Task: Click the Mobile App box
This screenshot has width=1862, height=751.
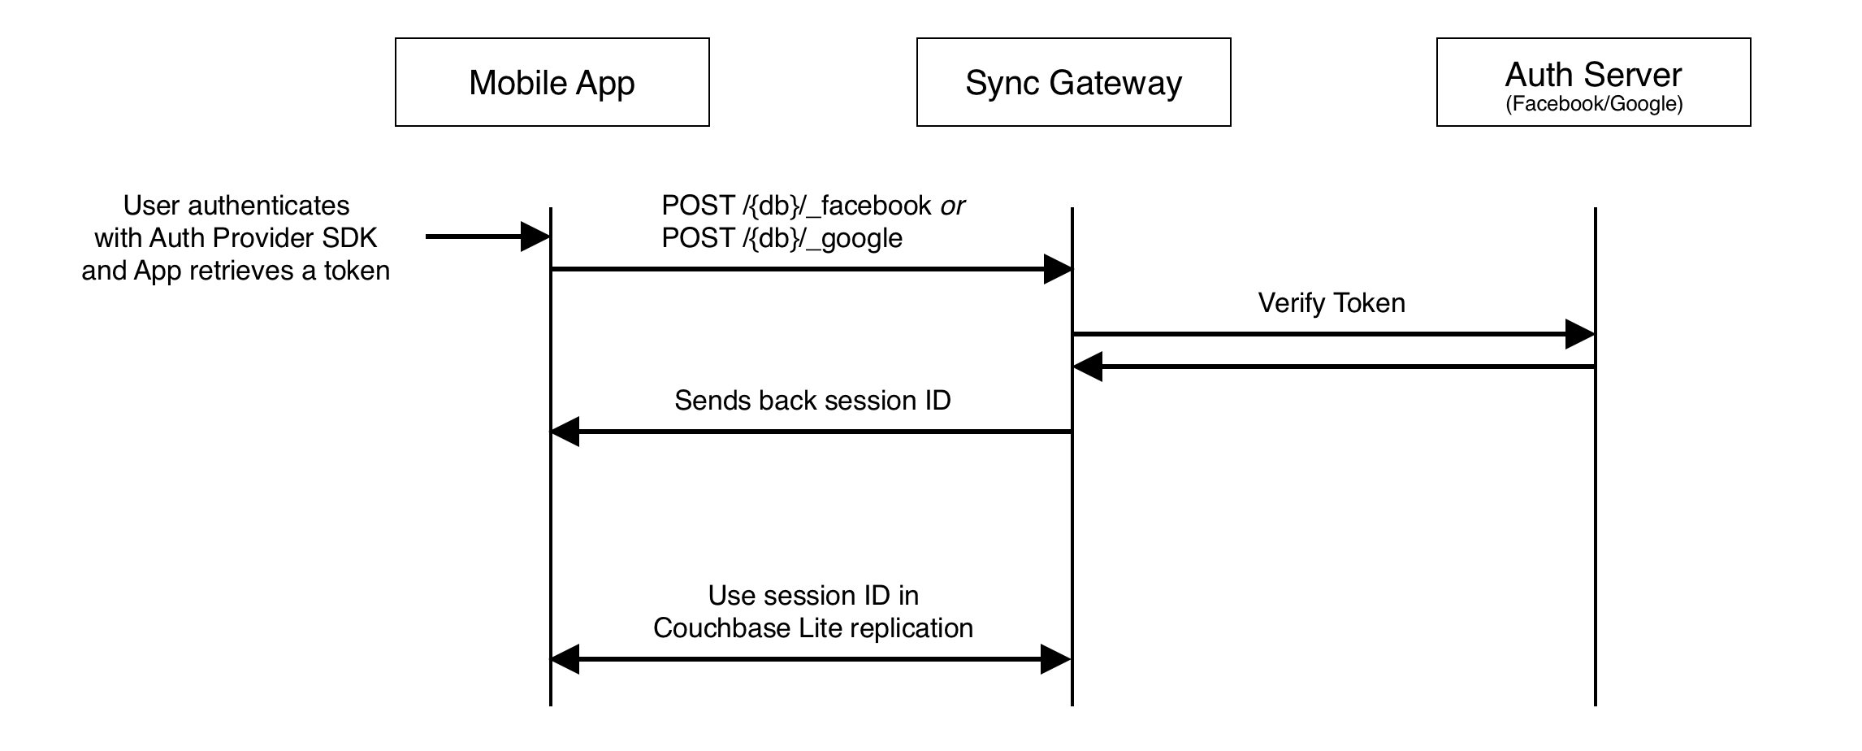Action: pyautogui.click(x=552, y=82)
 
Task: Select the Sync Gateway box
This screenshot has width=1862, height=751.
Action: pyautogui.click(x=1073, y=82)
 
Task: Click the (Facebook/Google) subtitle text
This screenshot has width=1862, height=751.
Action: pyautogui.click(x=1594, y=104)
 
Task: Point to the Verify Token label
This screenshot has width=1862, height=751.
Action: pyautogui.click(x=1332, y=303)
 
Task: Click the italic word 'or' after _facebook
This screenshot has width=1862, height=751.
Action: pyautogui.click(x=952, y=206)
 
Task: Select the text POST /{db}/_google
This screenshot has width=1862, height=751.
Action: pyautogui.click(x=782, y=238)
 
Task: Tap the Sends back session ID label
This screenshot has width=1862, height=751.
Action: pyautogui.click(x=812, y=401)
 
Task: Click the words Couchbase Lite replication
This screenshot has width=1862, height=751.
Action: pyautogui.click(x=812, y=628)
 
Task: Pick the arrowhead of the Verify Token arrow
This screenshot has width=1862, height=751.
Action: pyautogui.click(x=1579, y=334)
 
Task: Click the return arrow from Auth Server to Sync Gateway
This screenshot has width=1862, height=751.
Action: pyautogui.click(x=1332, y=367)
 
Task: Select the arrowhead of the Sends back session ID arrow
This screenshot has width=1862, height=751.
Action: pyautogui.click(x=566, y=432)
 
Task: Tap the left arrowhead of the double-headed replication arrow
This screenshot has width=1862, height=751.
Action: pyautogui.click(x=566, y=659)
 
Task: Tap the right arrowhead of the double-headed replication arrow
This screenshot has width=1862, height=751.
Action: pyautogui.click(x=1055, y=659)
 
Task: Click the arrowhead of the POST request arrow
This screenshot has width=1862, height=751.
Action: pyautogui.click(x=1057, y=269)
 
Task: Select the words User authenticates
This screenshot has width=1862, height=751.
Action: pyautogui.click(x=236, y=206)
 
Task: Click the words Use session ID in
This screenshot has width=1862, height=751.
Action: pyautogui.click(x=812, y=596)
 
